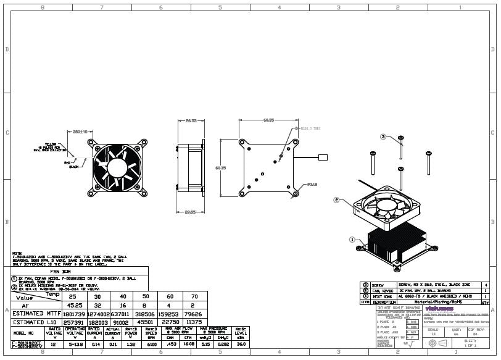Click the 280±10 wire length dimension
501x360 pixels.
[80, 132]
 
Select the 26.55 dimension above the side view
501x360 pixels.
[190, 120]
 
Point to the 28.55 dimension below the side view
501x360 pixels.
[190, 212]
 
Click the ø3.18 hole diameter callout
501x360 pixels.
[312, 184]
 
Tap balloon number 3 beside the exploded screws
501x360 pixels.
[383, 136]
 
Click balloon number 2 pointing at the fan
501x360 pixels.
[336, 200]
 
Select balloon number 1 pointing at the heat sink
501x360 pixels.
[352, 239]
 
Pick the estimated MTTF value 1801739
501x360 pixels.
[74, 314]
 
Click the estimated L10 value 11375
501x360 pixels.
[193, 322]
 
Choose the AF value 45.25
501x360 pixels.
[74, 305]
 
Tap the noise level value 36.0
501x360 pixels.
[241, 344]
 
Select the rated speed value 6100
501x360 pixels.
[152, 344]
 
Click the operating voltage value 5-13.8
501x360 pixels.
[75, 344]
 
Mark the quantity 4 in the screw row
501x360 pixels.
[485, 285]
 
